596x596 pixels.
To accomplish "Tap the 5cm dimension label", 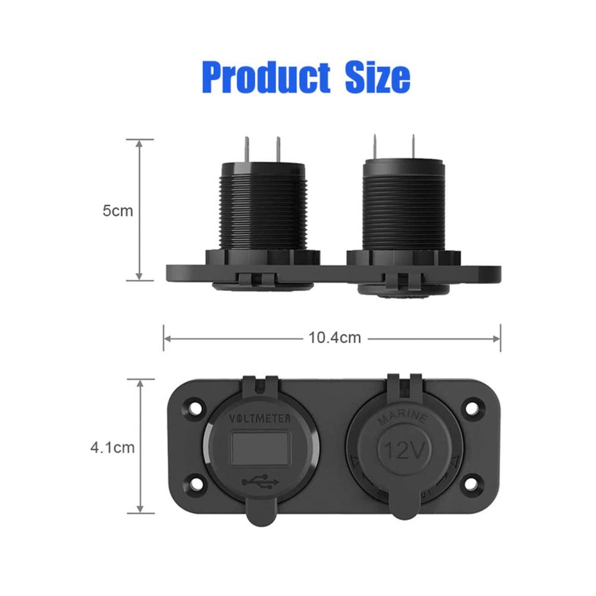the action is (118, 210).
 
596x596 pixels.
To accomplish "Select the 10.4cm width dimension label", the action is (334, 337).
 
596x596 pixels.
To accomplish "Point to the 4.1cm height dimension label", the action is (113, 448).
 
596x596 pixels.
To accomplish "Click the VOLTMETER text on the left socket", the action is (260, 418).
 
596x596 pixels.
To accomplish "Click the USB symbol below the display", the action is (260, 482).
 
